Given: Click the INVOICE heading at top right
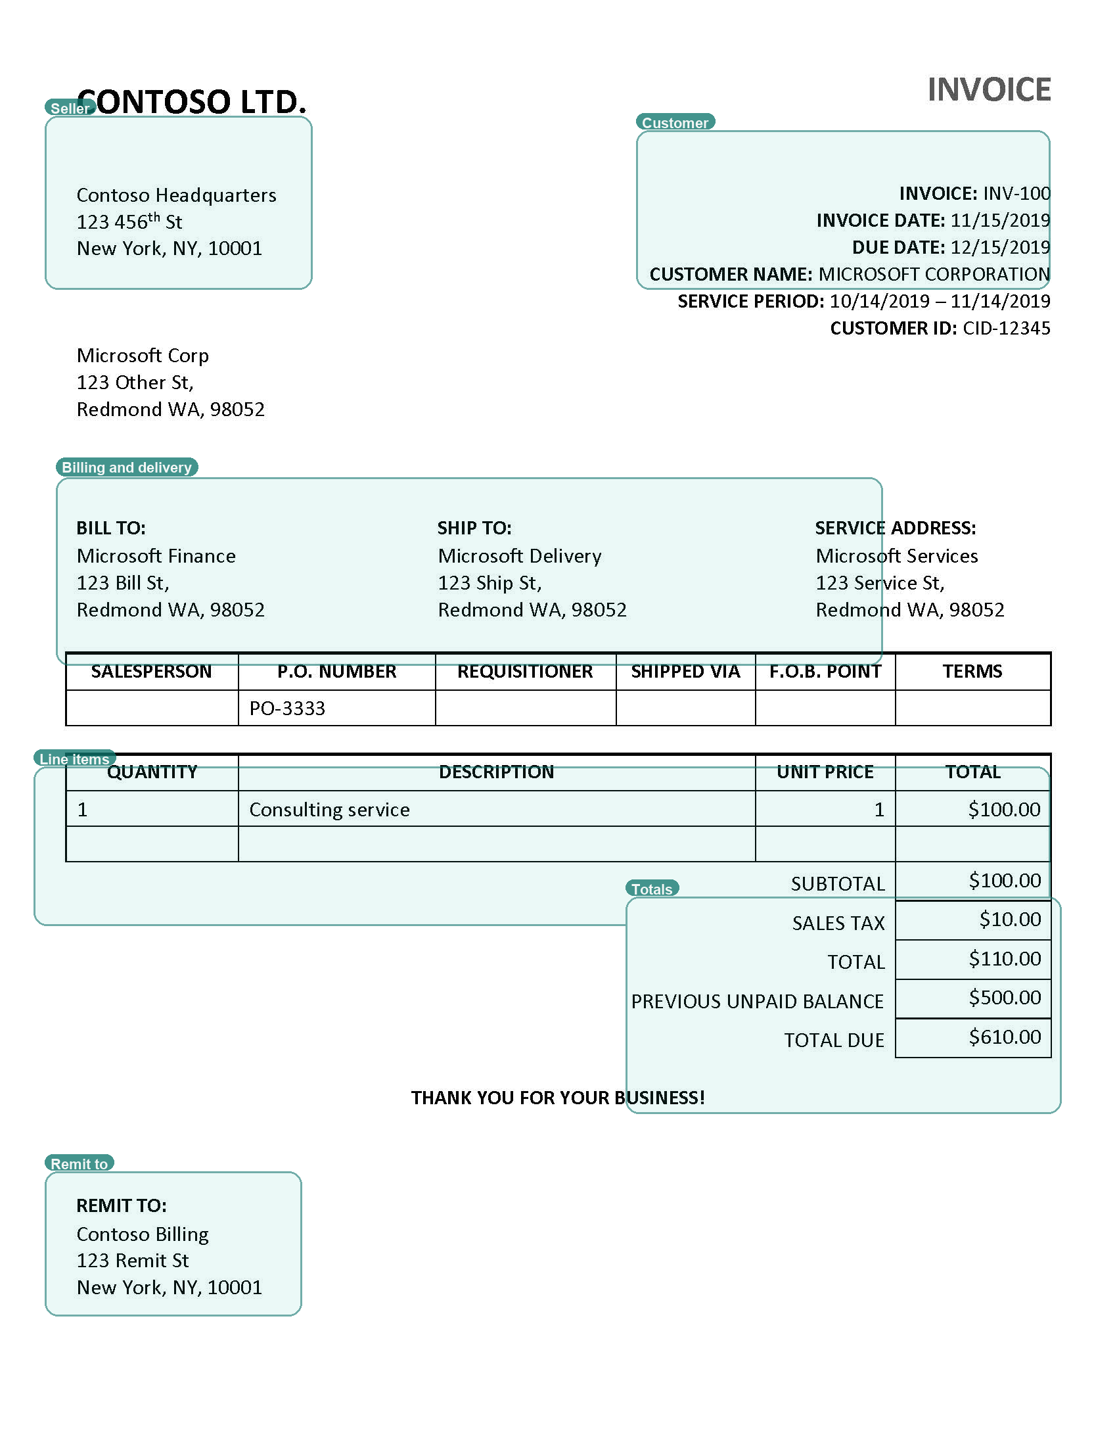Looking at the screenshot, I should tap(989, 90).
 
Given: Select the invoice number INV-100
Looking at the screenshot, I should tap(1016, 193).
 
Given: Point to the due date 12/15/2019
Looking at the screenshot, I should tap(1000, 248).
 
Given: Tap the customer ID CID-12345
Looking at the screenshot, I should tap(1006, 329).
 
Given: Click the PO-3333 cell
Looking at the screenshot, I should tap(287, 709).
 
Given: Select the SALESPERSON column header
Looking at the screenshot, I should tap(152, 671).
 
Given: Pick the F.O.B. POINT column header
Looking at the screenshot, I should tap(825, 671).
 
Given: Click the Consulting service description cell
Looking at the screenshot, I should tap(330, 810).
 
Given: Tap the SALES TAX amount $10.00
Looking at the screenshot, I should tap(1010, 920).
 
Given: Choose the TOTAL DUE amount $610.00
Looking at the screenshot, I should tap(1005, 1037).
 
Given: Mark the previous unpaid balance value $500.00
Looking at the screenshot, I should tap(1005, 998).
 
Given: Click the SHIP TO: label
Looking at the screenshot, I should tap(474, 528).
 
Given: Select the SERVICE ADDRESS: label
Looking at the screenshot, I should tap(896, 528).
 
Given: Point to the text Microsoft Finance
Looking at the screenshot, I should tap(156, 556).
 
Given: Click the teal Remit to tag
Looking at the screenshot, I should tap(80, 1163).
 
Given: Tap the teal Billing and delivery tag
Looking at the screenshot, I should tap(127, 467).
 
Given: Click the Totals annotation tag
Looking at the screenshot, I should tap(652, 889).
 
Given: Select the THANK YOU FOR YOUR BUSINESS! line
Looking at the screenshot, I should tap(558, 1098).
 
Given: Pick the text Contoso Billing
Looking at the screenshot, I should tap(143, 1234).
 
